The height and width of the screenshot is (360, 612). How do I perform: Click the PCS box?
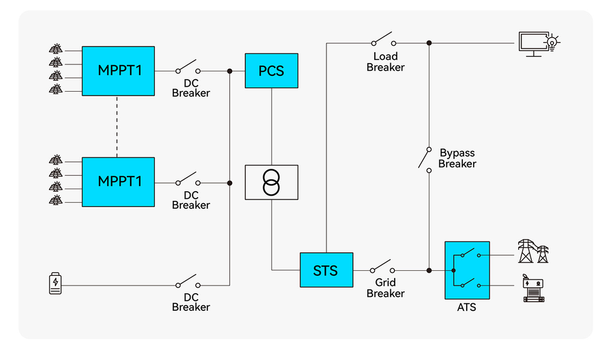(272, 71)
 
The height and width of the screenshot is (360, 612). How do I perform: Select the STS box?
(326, 270)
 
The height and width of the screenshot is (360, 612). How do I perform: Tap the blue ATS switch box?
(467, 270)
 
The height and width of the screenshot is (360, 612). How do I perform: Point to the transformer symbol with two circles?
(272, 182)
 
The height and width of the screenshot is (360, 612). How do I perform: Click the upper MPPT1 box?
(119, 71)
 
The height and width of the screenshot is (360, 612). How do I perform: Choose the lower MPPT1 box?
(119, 182)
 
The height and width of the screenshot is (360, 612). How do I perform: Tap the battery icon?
(55, 284)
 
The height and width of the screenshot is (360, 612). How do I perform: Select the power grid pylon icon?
(533, 252)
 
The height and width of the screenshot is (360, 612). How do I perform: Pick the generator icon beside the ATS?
(533, 289)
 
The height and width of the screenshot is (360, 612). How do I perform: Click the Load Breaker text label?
(386, 62)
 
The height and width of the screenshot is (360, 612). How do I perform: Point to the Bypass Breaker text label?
(457, 159)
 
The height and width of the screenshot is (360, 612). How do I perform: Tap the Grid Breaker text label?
(386, 288)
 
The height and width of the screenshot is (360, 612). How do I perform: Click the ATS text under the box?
(467, 308)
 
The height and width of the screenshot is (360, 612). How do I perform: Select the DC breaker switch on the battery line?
(188, 282)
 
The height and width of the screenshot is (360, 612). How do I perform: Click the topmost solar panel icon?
(56, 49)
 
